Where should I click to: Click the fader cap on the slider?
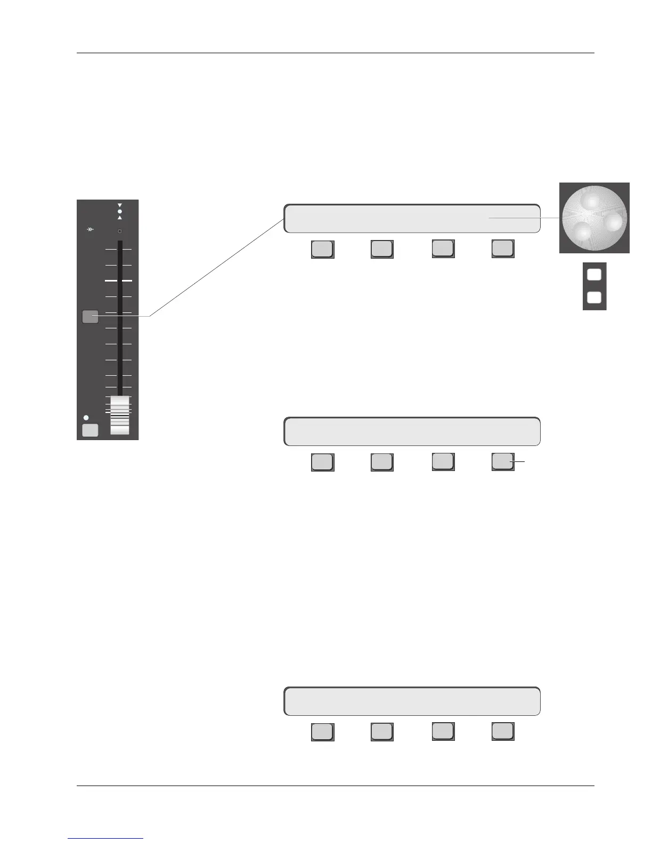120,415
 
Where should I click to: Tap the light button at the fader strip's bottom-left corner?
90,430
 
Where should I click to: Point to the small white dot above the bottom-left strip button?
86,418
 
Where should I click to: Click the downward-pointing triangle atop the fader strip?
119,205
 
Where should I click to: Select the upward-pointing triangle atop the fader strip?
119,218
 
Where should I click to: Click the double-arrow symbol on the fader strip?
91,229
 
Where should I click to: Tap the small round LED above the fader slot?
119,231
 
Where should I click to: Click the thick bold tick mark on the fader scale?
118,280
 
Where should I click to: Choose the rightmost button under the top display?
502,249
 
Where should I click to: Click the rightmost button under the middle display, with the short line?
502,461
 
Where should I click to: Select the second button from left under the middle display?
381,461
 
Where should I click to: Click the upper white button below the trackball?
594,275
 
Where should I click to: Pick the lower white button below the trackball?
594,297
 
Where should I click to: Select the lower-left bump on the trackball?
582,232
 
